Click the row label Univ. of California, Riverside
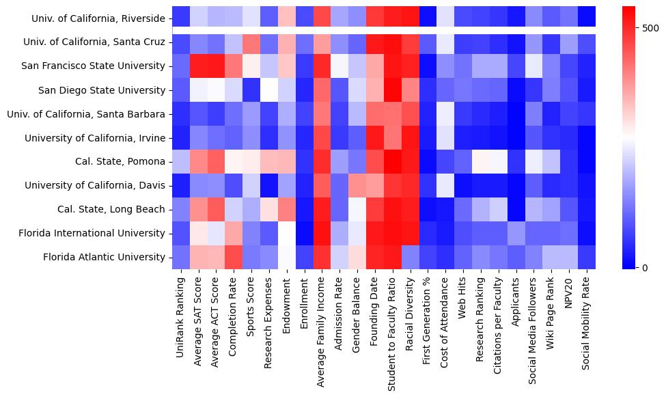[98, 18]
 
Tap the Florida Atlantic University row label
[104, 258]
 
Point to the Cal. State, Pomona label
[120, 162]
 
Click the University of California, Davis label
[95, 186]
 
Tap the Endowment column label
[286, 301]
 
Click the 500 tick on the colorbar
[651, 28]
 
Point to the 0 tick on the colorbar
[646, 267]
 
